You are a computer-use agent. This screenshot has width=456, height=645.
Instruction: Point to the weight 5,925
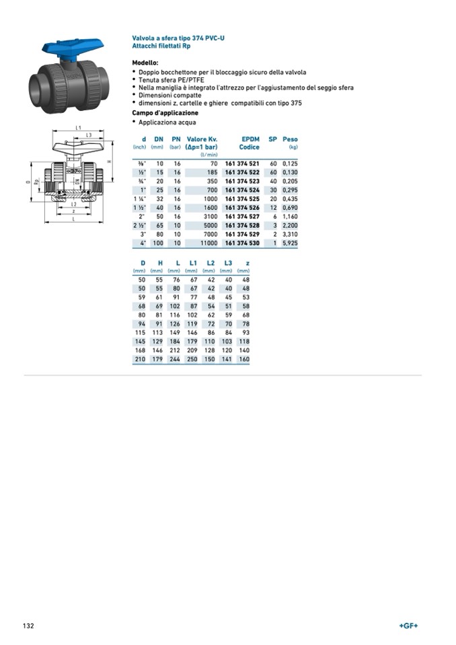(290, 242)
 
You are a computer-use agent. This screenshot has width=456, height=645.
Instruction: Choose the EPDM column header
(250, 139)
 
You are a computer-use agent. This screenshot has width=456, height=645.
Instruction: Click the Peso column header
(290, 139)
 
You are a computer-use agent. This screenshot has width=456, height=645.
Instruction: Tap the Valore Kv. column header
(202, 139)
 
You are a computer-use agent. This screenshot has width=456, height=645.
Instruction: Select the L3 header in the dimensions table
(228, 262)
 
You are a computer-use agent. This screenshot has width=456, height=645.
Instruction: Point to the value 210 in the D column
(141, 360)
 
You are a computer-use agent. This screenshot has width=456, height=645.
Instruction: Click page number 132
(28, 625)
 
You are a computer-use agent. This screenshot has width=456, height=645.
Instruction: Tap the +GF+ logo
(408, 625)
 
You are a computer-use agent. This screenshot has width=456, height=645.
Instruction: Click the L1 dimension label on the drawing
(78, 128)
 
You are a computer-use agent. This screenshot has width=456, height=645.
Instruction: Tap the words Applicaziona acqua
(167, 122)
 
